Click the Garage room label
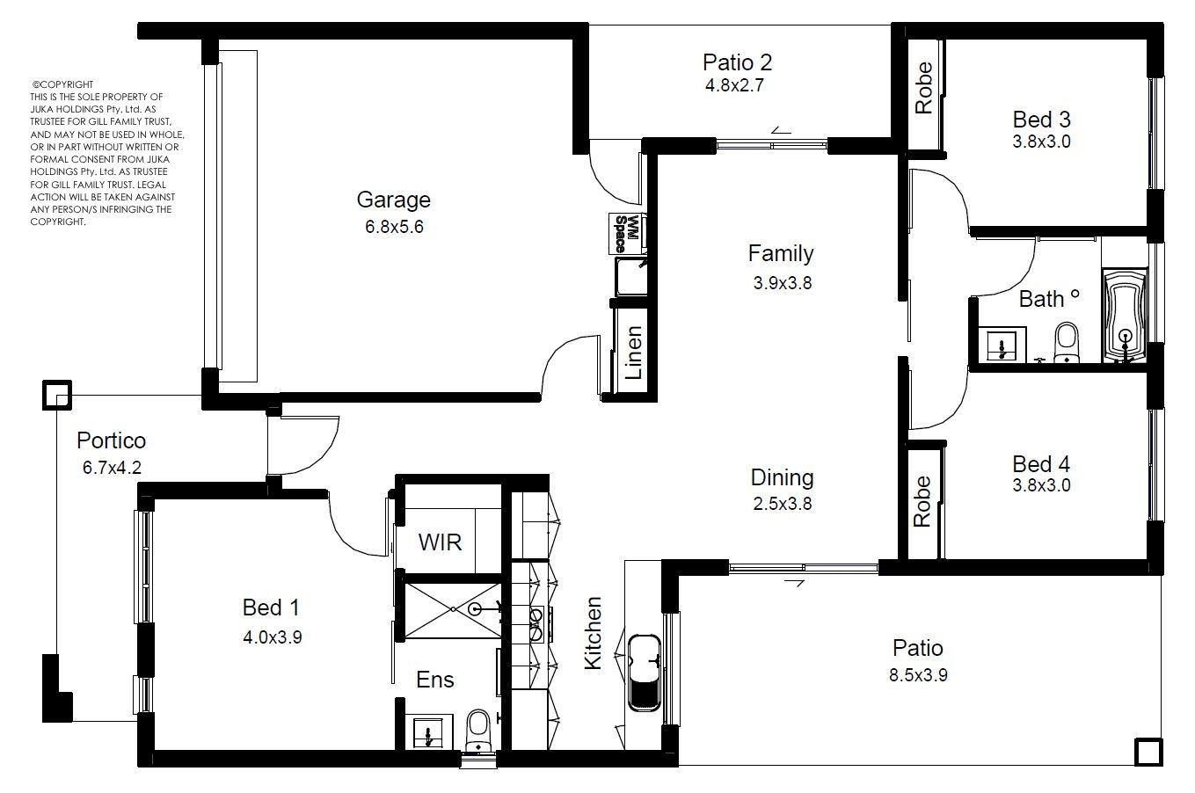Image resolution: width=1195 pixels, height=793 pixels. [393, 200]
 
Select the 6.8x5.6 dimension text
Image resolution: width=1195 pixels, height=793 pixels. [394, 227]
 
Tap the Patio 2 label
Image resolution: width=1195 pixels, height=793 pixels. [737, 62]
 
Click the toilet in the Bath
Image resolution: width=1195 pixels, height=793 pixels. [1067, 343]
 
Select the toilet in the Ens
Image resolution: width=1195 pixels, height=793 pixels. [477, 729]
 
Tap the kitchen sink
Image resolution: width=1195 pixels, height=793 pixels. [645, 673]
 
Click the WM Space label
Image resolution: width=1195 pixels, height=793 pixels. [627, 234]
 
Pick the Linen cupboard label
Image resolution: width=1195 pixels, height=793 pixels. [633, 353]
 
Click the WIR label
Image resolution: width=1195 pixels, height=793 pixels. [440, 542]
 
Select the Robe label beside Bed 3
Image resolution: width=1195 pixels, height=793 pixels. [923, 87]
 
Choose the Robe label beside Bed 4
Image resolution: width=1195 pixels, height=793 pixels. [922, 501]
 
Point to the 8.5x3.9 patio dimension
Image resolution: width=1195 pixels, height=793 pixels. [918, 675]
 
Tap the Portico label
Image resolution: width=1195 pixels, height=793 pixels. [111, 440]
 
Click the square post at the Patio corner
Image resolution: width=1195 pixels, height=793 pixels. [1148, 753]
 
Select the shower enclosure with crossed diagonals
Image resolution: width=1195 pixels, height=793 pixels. [453, 610]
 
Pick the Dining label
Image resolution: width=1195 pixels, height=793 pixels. [782, 478]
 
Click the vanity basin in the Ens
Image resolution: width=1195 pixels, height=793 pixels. [428, 733]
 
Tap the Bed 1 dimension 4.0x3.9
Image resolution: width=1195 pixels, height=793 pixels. [273, 637]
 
